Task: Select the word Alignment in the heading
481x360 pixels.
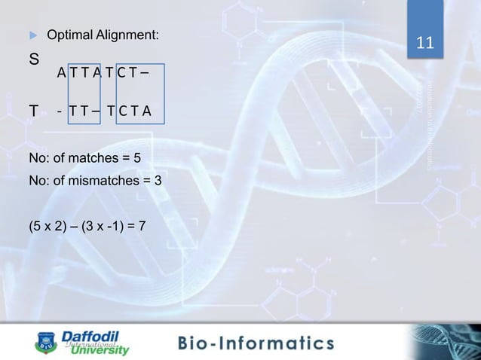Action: pos(127,35)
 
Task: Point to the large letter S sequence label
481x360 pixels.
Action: pos(35,58)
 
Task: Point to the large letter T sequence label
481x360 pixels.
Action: pos(34,112)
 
